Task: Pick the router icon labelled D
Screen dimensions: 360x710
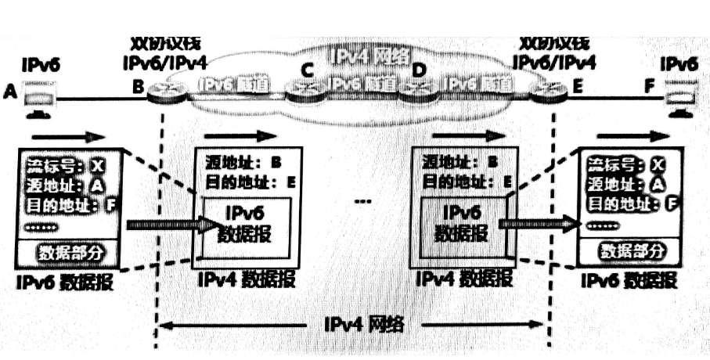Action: point(417,92)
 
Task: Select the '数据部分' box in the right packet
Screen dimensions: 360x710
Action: point(631,251)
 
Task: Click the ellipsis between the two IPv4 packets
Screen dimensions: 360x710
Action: point(361,201)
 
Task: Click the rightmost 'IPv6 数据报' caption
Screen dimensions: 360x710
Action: point(628,279)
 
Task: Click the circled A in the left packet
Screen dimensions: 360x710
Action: point(97,185)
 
